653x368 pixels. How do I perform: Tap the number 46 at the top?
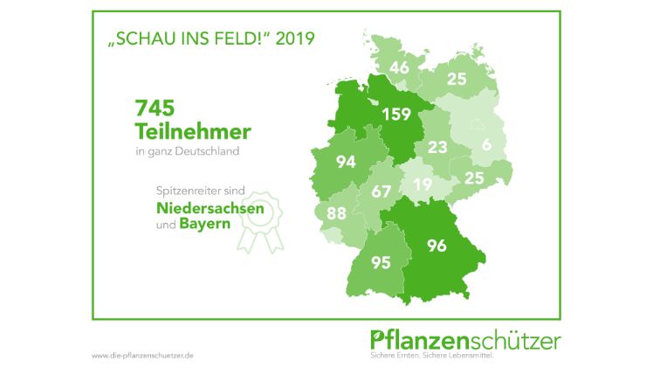point(400,66)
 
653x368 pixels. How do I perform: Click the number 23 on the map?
point(437,147)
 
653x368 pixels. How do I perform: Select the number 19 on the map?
point(423,184)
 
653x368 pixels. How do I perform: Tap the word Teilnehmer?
point(192,132)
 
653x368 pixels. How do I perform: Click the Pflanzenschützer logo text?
point(465,339)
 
